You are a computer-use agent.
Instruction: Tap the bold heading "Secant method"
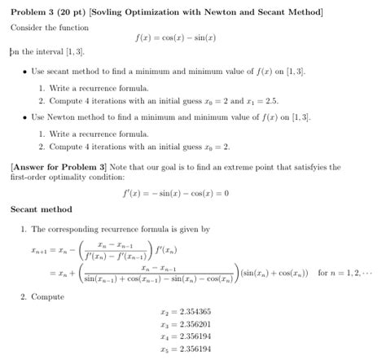pos(41,209)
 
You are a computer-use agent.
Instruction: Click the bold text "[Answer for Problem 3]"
pos(55,166)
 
